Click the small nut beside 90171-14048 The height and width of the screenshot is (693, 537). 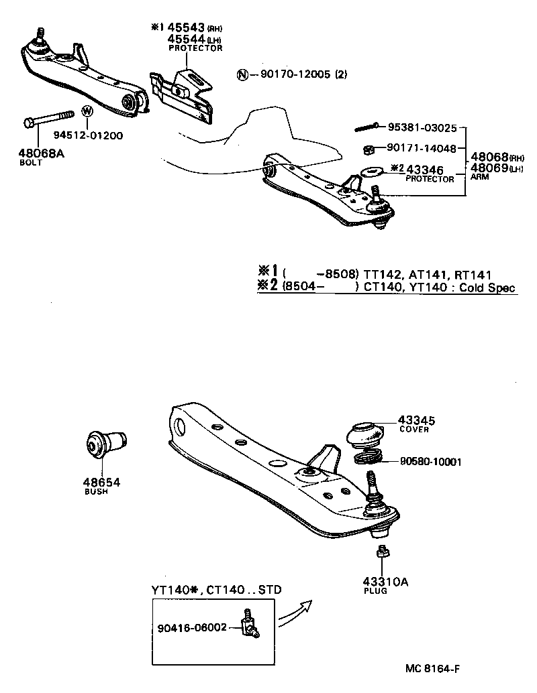369,149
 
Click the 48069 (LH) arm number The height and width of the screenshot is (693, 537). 488,168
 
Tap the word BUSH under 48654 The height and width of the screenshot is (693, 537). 96,491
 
